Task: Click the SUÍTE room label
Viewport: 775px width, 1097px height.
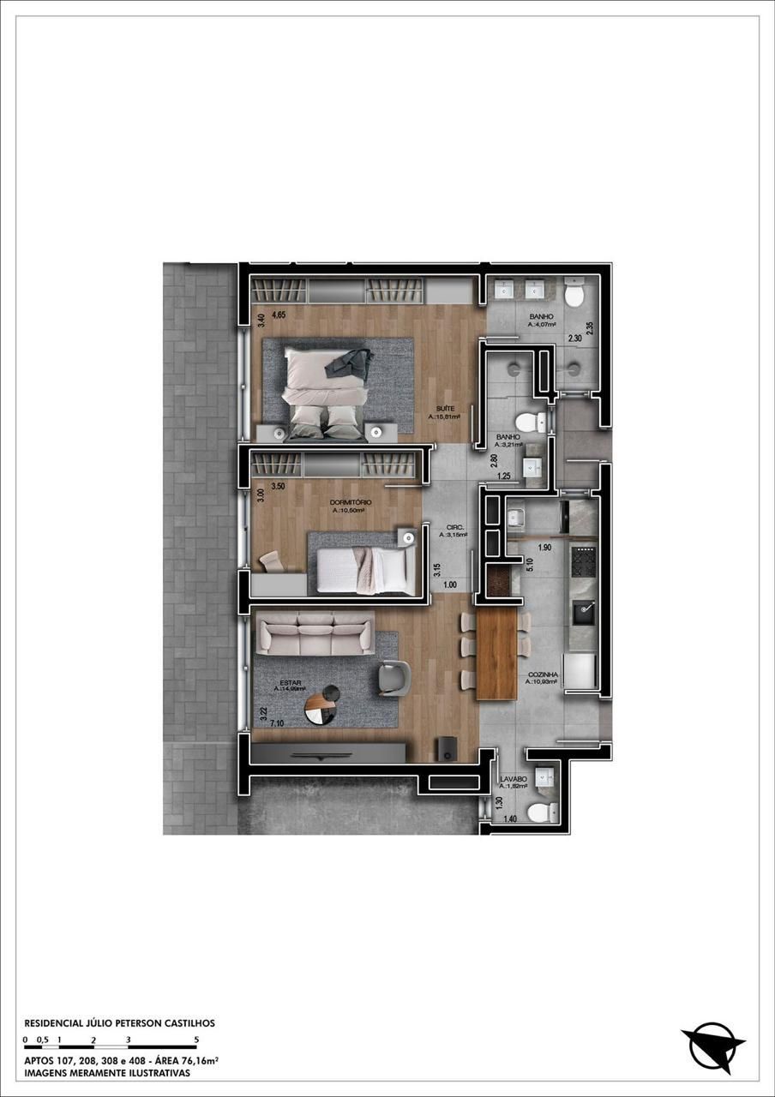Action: pyautogui.click(x=444, y=408)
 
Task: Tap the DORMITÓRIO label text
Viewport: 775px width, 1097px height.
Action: pyautogui.click(x=350, y=502)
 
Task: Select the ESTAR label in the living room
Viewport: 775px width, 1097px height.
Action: pyautogui.click(x=291, y=682)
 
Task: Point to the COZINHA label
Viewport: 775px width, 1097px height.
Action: pyautogui.click(x=543, y=674)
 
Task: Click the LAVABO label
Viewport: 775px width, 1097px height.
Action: pyautogui.click(x=513, y=779)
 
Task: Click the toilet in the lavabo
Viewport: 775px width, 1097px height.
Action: pyautogui.click(x=540, y=812)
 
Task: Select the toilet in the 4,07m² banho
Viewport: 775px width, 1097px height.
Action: pyautogui.click(x=574, y=297)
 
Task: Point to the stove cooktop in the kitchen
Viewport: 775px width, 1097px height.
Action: pyautogui.click(x=584, y=562)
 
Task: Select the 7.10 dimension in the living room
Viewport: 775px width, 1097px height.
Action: pyautogui.click(x=276, y=724)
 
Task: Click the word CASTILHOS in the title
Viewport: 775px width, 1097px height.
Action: pyautogui.click(x=184, y=1022)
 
